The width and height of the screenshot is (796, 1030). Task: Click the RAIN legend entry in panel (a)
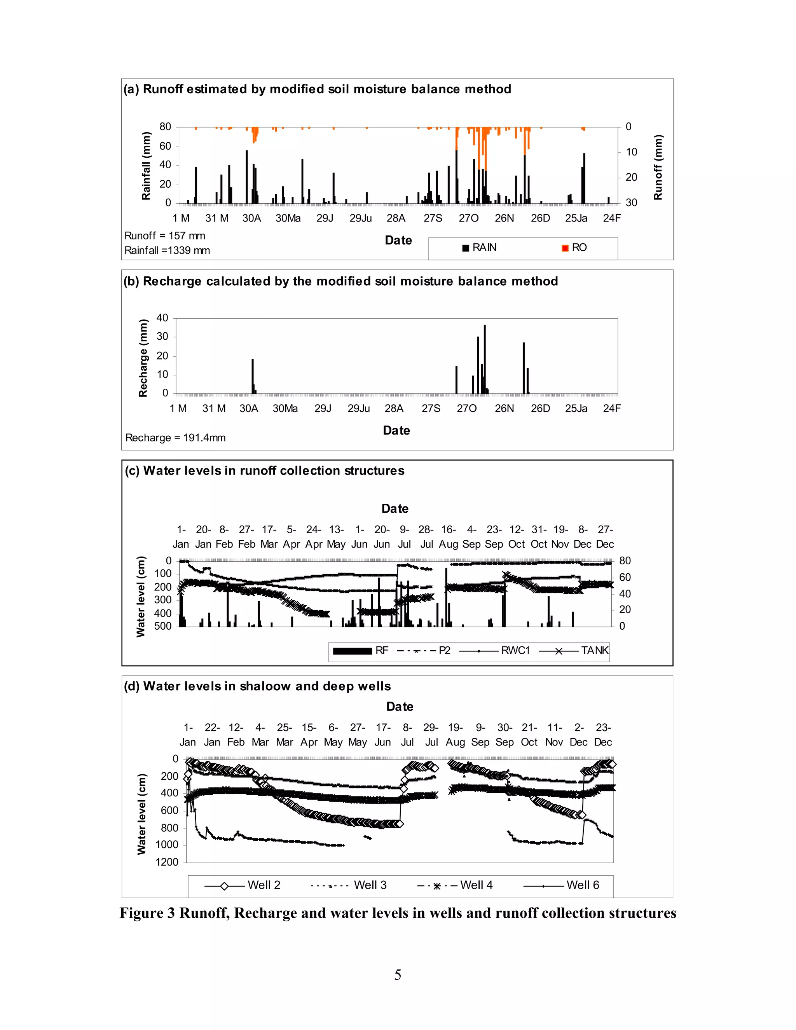[480, 248]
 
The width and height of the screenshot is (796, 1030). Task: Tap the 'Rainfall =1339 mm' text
[167, 250]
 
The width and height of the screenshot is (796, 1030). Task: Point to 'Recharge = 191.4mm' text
[175, 438]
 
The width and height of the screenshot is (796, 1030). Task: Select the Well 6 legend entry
[561, 885]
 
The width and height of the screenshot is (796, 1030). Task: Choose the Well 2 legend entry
[243, 885]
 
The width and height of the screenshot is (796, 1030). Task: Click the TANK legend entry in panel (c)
[574, 651]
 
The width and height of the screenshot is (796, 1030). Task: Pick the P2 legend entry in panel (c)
[424, 651]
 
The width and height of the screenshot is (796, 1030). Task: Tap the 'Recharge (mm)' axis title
[143, 358]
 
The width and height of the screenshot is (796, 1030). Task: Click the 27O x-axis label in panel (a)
[468, 218]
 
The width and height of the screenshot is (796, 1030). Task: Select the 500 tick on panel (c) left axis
[163, 626]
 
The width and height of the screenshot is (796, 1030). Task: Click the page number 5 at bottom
[398, 975]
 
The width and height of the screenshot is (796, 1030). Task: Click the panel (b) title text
[340, 281]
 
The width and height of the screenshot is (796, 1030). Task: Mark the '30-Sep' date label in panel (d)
[504, 735]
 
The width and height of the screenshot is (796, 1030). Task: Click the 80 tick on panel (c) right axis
[625, 561]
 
